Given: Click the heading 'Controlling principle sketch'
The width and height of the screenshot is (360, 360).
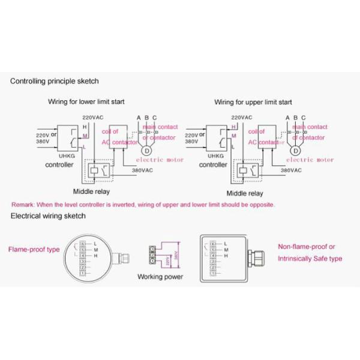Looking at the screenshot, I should tap(55, 81).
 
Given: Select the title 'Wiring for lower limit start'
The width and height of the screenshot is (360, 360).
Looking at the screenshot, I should tap(86, 102).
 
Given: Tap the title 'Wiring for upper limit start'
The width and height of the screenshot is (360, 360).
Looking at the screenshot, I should tap(253, 102).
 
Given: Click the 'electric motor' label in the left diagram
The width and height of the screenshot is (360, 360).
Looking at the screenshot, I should tap(160, 160).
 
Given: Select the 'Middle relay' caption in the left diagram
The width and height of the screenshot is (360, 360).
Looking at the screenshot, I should tap(92, 193).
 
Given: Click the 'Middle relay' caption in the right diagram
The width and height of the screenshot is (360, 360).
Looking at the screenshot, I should tap(245, 193).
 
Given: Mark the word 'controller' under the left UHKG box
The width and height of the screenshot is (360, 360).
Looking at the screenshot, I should tap(59, 164).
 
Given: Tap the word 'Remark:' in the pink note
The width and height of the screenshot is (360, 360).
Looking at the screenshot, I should tap(23, 205).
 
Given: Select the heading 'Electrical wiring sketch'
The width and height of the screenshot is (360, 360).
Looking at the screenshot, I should tap(48, 216).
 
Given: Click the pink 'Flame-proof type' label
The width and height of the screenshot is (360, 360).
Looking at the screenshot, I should tap(34, 249).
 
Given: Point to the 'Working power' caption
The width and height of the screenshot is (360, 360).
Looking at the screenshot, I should tap(160, 277).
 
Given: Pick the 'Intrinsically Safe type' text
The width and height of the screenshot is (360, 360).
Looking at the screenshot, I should tap(310, 259).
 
